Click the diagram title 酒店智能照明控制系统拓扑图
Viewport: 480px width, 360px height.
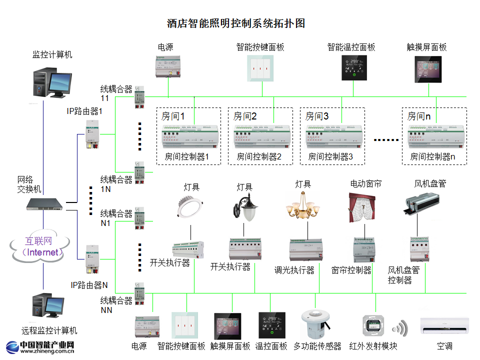point(236,23)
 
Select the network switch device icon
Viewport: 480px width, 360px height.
point(45,203)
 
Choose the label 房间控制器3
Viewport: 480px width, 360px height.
point(330,156)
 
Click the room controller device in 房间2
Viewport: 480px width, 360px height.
point(262,136)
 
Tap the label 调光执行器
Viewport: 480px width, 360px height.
point(294,270)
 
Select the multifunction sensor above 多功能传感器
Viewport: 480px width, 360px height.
point(315,323)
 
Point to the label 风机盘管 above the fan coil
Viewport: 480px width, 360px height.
point(430,183)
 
